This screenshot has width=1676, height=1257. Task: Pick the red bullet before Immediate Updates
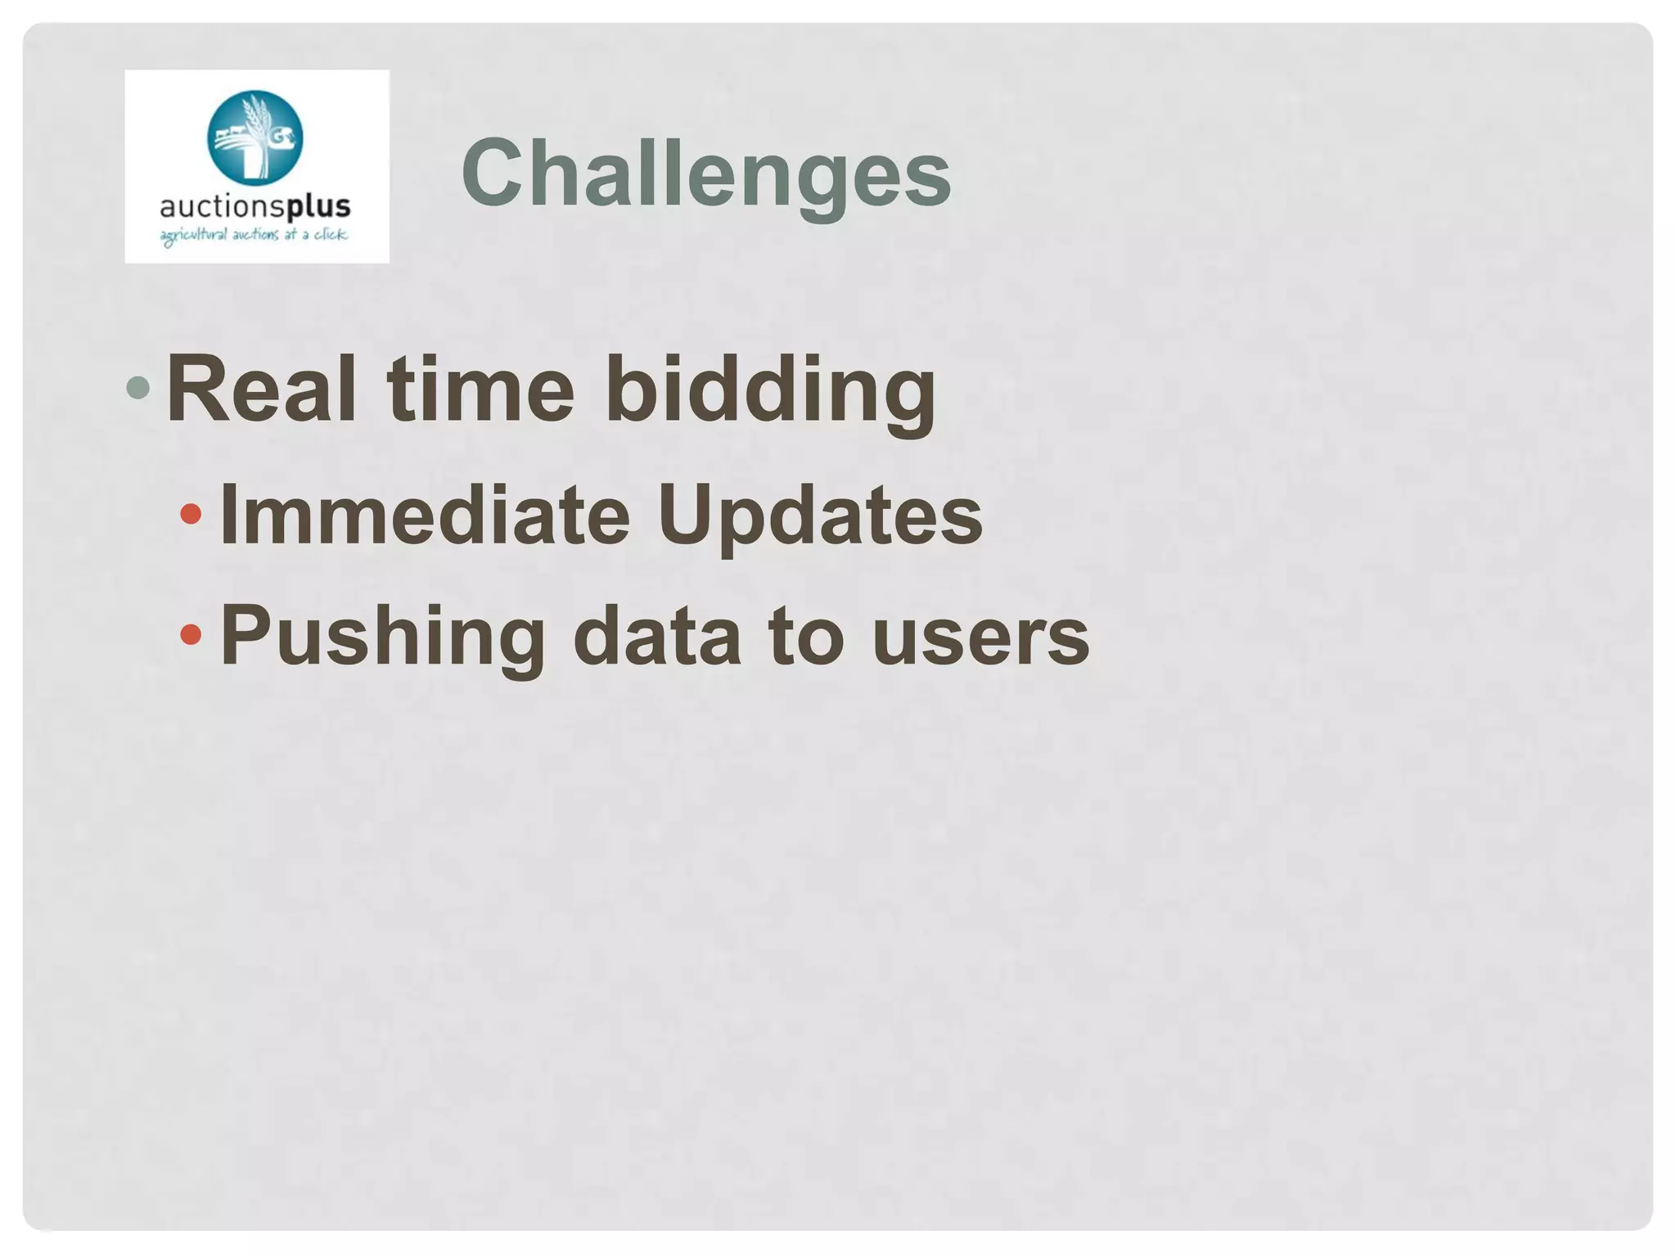click(191, 514)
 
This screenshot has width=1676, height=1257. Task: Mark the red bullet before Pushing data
click(191, 634)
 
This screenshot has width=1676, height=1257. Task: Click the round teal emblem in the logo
click(255, 137)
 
